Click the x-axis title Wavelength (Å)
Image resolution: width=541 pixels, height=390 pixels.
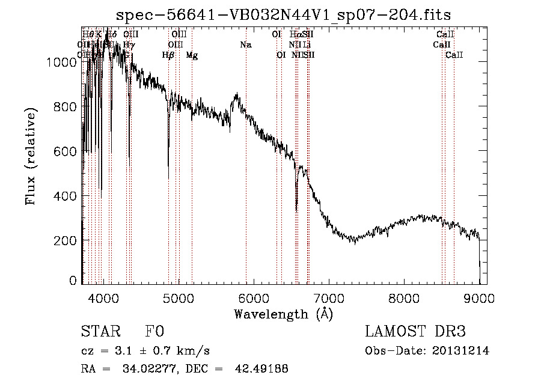283,314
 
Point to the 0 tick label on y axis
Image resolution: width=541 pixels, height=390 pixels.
73,281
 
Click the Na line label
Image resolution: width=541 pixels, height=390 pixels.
245,45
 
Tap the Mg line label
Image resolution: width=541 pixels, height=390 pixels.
192,55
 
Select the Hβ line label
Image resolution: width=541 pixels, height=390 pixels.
168,55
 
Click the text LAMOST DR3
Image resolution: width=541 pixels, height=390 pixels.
415,332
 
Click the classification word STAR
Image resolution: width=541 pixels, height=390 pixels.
100,332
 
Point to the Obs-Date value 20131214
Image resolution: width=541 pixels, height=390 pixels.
460,351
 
